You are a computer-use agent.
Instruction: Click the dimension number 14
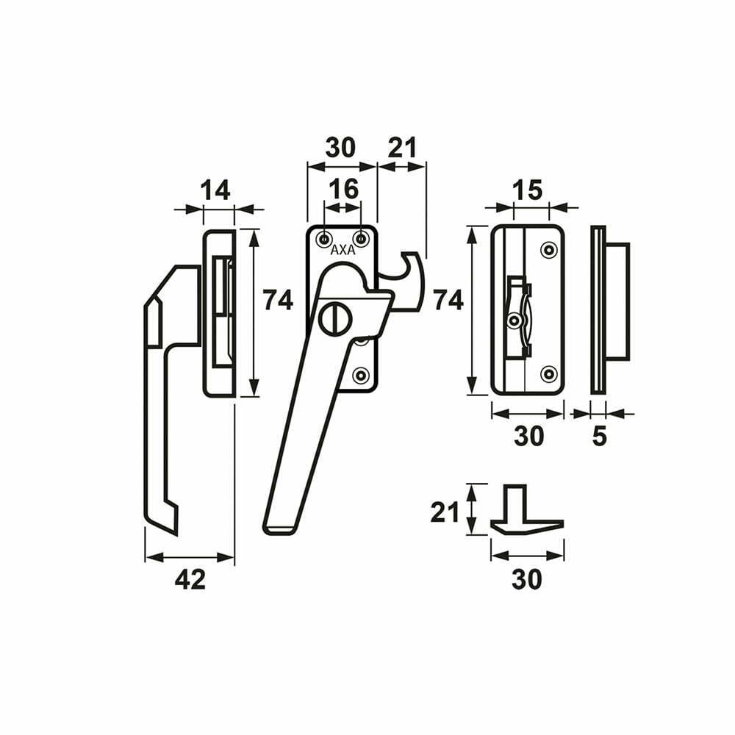215,190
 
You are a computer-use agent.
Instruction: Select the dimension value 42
190,579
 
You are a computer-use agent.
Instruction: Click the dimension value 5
600,437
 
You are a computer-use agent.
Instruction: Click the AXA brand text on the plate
343,251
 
